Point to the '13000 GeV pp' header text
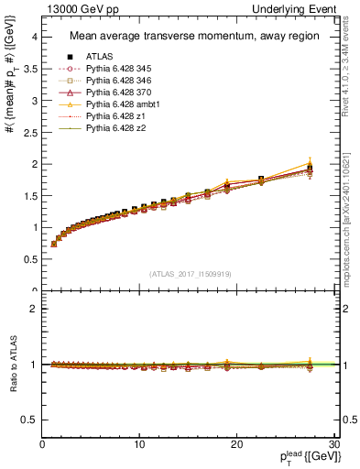[75, 8]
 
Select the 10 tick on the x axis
[139, 444]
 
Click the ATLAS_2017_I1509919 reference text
[189, 273]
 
